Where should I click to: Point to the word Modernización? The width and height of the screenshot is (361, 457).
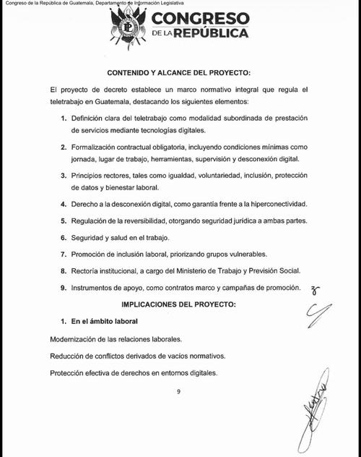(76, 338)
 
